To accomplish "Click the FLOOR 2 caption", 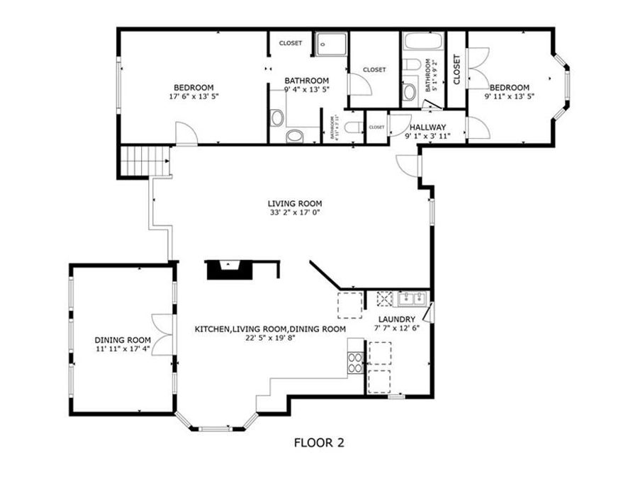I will [318, 443].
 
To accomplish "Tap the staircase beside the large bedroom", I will [145, 161].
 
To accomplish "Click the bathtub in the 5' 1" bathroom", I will [422, 41].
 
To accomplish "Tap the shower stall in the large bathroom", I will [331, 43].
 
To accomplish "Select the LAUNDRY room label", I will [396, 319].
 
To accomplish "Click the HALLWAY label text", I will [427, 127].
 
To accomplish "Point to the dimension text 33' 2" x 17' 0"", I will [295, 212].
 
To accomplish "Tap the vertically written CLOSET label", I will [457, 70].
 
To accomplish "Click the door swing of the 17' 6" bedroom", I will [186, 135].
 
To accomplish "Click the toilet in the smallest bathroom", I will [354, 128].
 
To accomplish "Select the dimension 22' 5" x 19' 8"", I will [270, 338].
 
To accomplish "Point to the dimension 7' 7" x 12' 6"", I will [396, 329].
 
